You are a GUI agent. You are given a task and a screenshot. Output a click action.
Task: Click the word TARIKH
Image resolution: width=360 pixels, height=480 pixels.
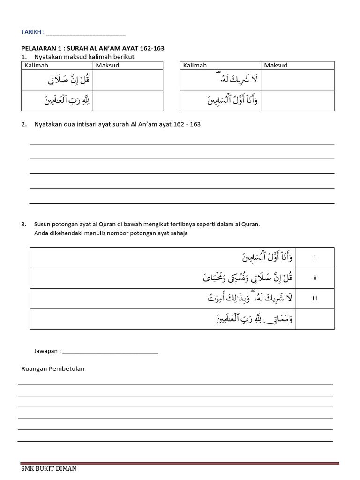tap(31, 32)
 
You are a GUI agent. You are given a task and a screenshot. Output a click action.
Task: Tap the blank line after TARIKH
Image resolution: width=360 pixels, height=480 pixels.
tap(86, 33)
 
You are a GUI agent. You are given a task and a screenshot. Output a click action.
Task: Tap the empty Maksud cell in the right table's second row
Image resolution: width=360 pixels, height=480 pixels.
tap(297, 100)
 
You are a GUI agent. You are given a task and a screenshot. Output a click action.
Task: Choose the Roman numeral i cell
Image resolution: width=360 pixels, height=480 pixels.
tap(315, 257)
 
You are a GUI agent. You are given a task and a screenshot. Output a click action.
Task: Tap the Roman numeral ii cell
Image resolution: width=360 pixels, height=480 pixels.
tap(315, 278)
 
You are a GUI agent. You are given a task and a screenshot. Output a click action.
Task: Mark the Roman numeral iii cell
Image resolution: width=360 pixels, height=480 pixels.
tap(315, 299)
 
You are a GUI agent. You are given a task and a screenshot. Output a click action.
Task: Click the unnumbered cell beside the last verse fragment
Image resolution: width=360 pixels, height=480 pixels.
tap(315, 319)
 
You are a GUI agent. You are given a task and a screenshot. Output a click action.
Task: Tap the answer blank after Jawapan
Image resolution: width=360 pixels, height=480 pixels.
tap(110, 352)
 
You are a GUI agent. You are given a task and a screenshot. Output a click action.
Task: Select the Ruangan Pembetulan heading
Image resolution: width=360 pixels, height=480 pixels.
tap(53, 368)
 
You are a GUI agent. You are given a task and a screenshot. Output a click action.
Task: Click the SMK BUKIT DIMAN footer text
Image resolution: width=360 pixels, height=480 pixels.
tap(49, 468)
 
